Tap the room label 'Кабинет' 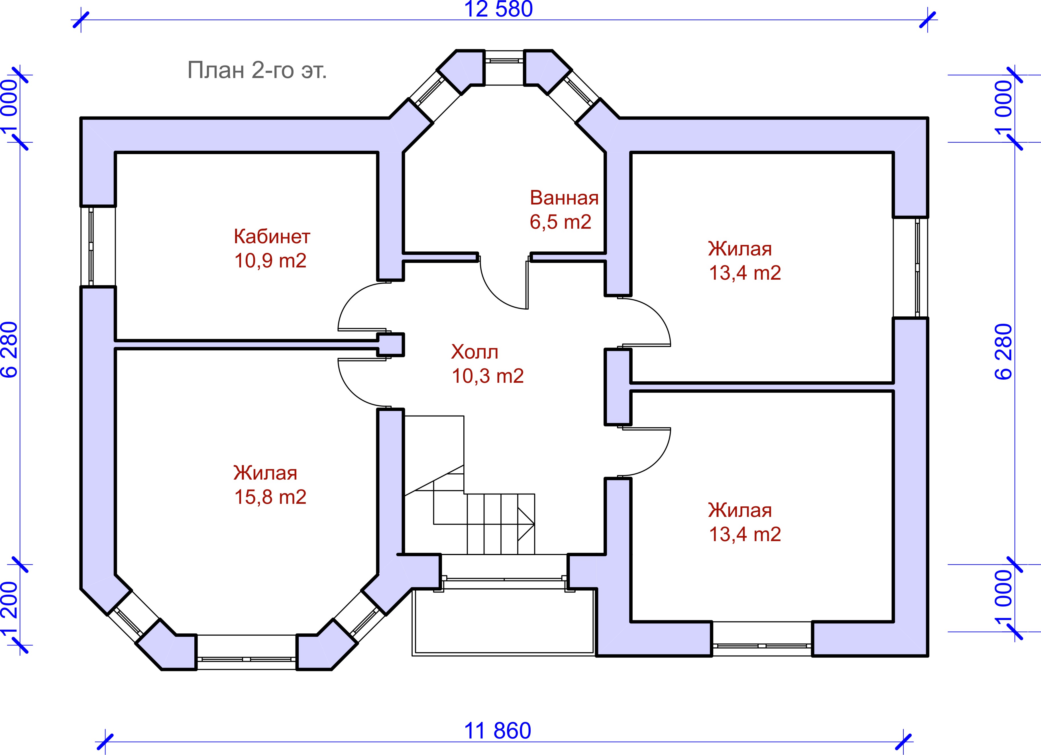click(x=272, y=237)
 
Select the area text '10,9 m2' click(x=270, y=261)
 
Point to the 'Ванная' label click(x=564, y=198)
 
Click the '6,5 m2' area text click(x=561, y=222)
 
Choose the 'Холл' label click(x=474, y=352)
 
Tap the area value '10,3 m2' click(x=488, y=376)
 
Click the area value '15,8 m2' click(x=270, y=497)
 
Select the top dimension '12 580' click(x=498, y=9)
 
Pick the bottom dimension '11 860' click(x=498, y=731)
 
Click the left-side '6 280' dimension click(x=10, y=349)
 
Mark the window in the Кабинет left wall click(x=98, y=246)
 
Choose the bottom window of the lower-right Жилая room click(x=762, y=645)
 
